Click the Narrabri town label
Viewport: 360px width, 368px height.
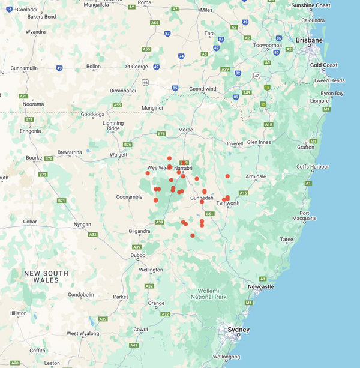187,168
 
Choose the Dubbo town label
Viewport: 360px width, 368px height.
137,255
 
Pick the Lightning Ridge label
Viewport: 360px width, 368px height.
113,125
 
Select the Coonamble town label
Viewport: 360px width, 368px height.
130,196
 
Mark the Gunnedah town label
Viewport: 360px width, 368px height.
202,198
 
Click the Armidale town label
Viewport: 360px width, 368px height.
256,176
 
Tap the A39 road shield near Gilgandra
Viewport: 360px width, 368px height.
159,222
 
